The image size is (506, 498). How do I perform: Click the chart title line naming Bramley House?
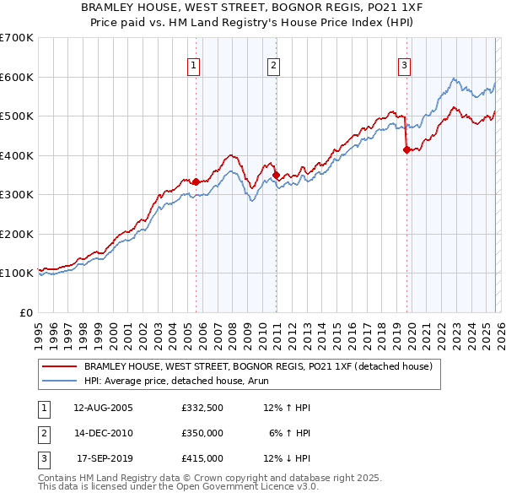tap(253, 8)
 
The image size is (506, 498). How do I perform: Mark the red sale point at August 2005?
tap(196, 181)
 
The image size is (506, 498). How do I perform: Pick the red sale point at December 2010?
tap(276, 175)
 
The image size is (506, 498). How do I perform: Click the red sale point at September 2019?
tap(406, 149)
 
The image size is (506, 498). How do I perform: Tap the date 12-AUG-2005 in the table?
tap(103, 408)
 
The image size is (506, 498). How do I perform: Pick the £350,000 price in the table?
tap(202, 433)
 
